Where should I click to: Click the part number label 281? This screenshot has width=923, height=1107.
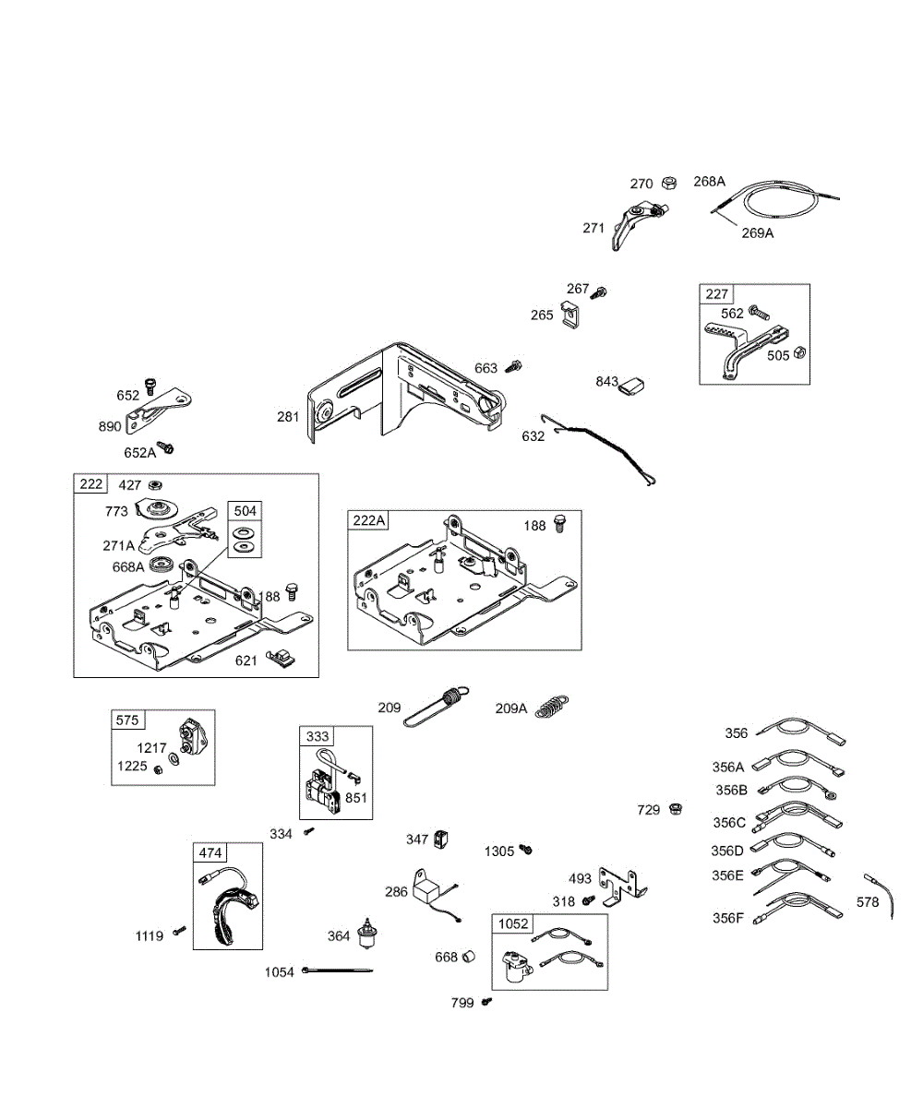[x=288, y=417]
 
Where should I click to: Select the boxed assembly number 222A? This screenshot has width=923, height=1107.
[x=368, y=521]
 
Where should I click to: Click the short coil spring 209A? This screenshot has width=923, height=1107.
[x=552, y=708]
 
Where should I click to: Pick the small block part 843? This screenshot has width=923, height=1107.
[x=631, y=383]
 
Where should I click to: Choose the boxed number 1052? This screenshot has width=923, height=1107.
[x=513, y=924]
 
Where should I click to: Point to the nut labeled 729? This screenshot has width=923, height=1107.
[x=676, y=809]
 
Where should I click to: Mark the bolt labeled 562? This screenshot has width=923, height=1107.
[x=757, y=314]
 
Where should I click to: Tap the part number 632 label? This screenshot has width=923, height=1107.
[x=533, y=435]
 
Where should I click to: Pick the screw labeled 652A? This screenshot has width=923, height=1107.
[x=167, y=448]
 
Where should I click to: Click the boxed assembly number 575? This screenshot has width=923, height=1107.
[x=126, y=720]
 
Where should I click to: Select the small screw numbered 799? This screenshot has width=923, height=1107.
[x=487, y=1002]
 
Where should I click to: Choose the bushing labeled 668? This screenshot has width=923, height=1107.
[x=468, y=956]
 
